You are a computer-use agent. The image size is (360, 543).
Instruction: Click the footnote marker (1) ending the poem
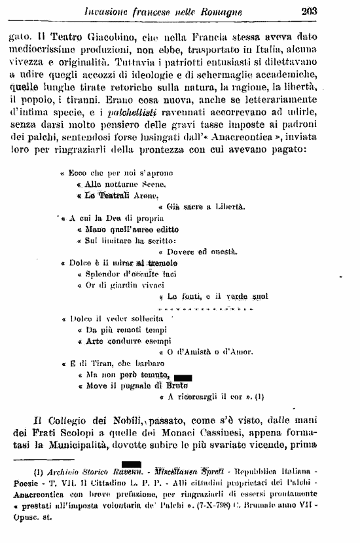pos(259,396)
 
